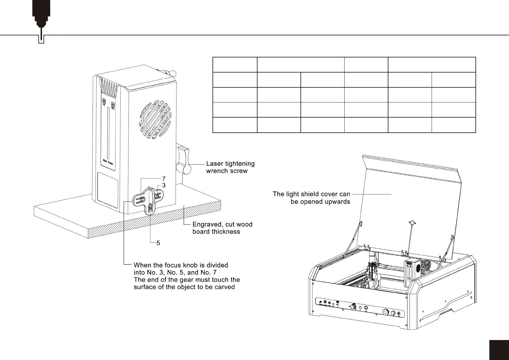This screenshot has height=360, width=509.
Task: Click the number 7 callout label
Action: (x=164, y=179)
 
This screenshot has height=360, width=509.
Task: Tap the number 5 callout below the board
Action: (x=158, y=243)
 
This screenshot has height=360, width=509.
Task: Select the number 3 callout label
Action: (x=164, y=185)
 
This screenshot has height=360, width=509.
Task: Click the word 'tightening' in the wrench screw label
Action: (x=239, y=164)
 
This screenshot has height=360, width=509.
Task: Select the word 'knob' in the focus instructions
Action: (x=186, y=265)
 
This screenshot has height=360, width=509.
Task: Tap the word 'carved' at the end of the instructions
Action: (x=225, y=287)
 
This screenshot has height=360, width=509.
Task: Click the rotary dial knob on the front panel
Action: (x=353, y=307)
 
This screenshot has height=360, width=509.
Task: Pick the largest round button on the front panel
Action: (x=386, y=312)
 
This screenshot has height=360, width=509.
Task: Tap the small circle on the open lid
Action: (x=412, y=223)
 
